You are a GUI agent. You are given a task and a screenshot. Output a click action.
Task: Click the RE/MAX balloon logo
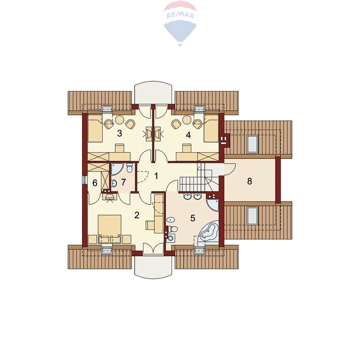[x=180, y=23]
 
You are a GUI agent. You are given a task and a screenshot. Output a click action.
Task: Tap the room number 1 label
[x=156, y=176]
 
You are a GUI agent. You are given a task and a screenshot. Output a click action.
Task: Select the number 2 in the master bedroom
[x=137, y=215]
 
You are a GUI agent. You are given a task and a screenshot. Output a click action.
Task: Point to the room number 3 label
[x=120, y=134]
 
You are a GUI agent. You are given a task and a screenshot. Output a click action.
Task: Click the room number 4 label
[x=188, y=135]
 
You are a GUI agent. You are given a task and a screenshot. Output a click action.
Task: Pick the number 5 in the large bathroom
[x=193, y=218]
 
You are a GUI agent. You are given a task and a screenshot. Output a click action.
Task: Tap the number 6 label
[x=95, y=183]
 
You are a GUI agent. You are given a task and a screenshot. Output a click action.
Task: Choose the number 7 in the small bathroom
[x=124, y=182]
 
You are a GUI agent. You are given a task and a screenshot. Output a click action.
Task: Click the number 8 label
[x=249, y=181]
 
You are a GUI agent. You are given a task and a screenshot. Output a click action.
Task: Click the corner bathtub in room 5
[x=209, y=232]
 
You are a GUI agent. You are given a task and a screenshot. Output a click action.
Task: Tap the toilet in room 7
[x=130, y=168]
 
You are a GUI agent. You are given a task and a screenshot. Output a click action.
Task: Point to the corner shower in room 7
[x=117, y=169]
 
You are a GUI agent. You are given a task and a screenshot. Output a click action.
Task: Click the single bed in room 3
[x=95, y=128]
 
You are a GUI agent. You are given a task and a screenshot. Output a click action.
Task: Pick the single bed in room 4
[x=211, y=128]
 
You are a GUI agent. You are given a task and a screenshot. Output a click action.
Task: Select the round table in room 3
[x=120, y=120]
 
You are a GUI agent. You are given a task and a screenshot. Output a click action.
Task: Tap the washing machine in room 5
[x=171, y=238]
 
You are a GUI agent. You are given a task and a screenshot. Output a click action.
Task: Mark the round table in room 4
[x=187, y=120]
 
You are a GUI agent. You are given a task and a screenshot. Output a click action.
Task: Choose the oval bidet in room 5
[x=171, y=220]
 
